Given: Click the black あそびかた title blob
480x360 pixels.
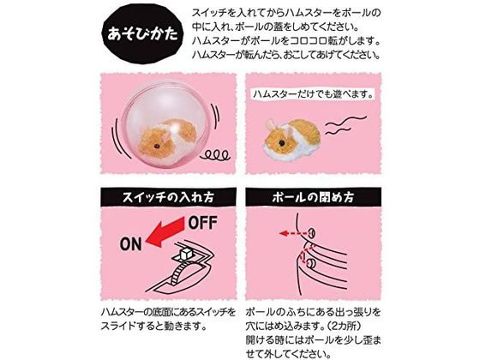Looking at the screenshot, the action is click(x=143, y=33).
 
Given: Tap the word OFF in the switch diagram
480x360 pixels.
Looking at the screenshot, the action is click(x=202, y=223).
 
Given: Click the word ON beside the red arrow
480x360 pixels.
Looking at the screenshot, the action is click(x=131, y=244).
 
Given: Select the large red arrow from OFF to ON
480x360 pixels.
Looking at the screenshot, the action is click(x=166, y=231).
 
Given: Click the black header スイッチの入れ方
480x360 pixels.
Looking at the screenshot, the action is click(x=168, y=197).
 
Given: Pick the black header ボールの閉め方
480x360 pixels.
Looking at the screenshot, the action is click(x=313, y=197).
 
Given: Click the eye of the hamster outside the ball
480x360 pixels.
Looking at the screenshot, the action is click(x=282, y=142).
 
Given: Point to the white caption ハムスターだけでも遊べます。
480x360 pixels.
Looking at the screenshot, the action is click(x=313, y=94).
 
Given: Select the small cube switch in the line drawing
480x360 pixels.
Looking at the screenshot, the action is click(x=187, y=254).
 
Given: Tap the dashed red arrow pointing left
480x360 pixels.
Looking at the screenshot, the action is click(x=293, y=233).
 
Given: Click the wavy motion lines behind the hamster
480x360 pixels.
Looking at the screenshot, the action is click(x=345, y=125).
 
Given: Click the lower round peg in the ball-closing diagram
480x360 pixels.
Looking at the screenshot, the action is click(x=312, y=262).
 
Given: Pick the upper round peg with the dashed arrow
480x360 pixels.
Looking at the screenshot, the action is click(x=312, y=233).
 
